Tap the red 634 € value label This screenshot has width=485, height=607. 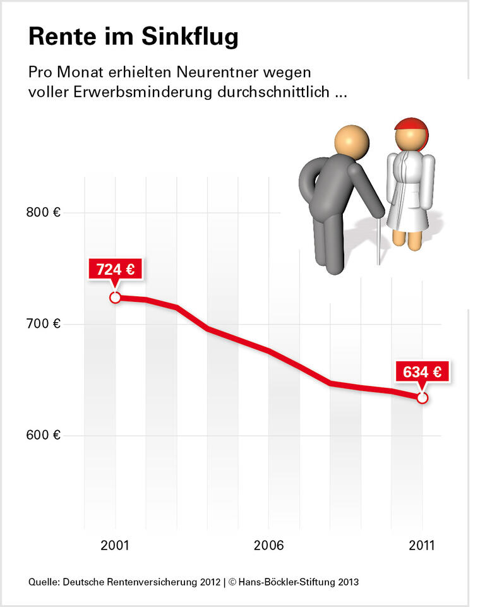tap(422, 372)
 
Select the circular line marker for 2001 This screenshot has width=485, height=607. tap(115, 297)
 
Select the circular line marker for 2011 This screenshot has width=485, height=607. tap(422, 398)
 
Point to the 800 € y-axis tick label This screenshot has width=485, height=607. tap(43, 213)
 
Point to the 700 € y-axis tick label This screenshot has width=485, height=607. tap(43, 324)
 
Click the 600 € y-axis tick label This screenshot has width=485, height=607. tap(43, 436)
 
